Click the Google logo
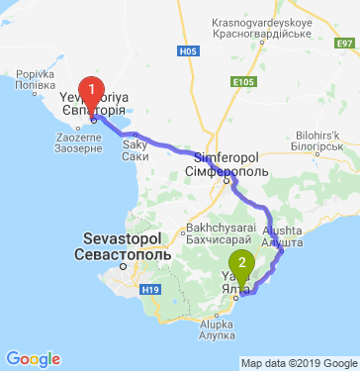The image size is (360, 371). tap(33, 358)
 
